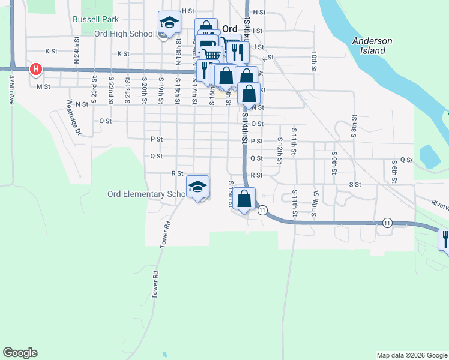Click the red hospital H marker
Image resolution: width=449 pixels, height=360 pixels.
[36, 70]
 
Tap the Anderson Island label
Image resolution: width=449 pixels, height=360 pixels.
[372, 46]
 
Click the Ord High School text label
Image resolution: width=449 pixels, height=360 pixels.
[124, 34]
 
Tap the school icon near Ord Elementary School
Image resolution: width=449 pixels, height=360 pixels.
[197, 187]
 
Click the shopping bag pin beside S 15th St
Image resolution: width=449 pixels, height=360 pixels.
[244, 199]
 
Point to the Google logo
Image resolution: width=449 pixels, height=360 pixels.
[20, 353]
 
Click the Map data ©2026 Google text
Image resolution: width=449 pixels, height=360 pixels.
[412, 355]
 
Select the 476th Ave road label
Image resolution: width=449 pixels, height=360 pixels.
[11, 89]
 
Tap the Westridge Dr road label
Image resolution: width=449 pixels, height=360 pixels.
[73, 112]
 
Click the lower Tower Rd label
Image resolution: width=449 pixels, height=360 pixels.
[155, 286]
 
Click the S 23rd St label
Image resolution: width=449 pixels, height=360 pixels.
[94, 86]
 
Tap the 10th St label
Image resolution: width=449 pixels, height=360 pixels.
[314, 61]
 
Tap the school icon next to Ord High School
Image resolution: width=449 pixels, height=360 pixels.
[169, 23]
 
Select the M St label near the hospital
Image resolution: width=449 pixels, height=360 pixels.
[43, 86]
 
